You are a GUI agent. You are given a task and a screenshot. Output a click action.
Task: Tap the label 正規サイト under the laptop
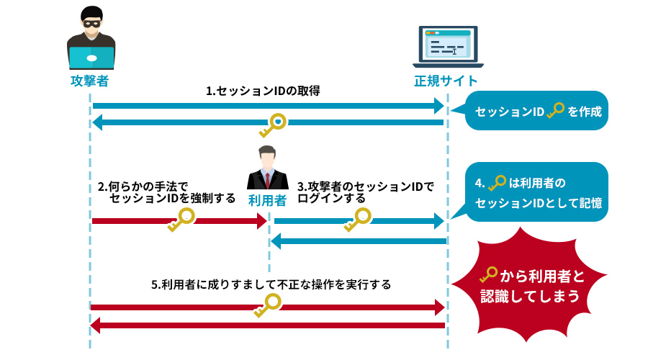(x=446, y=81)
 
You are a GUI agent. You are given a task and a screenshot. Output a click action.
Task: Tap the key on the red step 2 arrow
(x=181, y=220)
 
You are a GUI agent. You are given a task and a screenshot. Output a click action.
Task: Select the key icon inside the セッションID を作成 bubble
(x=555, y=112)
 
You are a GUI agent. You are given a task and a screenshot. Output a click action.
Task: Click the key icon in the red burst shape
(x=489, y=275)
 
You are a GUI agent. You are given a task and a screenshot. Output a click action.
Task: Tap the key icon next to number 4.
(x=498, y=183)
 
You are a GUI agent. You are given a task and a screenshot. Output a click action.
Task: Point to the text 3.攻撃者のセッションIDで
(x=366, y=186)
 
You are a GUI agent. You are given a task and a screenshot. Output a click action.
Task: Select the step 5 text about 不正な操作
(x=271, y=284)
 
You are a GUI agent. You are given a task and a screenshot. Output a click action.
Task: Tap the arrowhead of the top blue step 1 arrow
(x=438, y=106)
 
